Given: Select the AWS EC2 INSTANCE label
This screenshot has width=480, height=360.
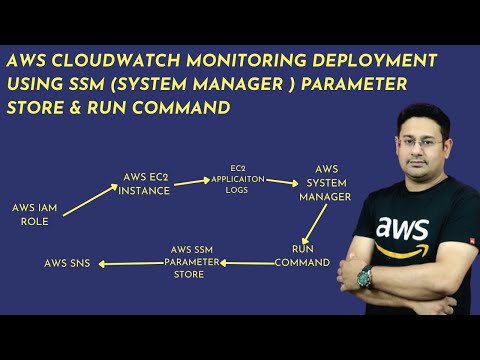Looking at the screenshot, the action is [x=145, y=184].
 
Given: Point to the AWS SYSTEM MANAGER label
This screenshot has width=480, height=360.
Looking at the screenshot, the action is [x=326, y=183].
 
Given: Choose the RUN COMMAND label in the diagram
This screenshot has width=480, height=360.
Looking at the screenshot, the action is [x=303, y=255].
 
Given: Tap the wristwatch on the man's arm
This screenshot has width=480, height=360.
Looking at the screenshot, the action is [x=366, y=277].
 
